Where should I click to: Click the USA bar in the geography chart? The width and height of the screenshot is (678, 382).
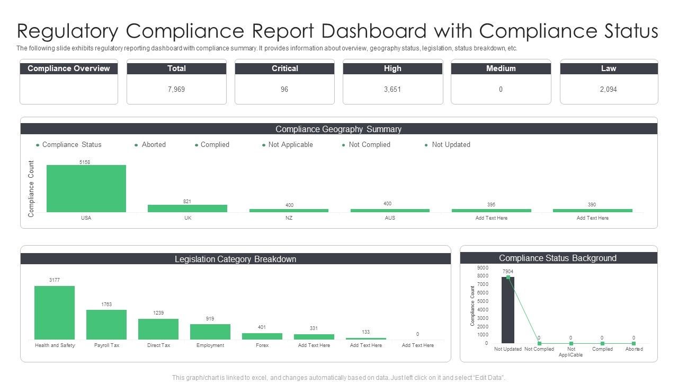tap(86, 188)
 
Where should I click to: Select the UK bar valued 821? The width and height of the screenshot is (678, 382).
tap(188, 209)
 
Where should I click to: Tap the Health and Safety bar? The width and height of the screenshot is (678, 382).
tap(55, 312)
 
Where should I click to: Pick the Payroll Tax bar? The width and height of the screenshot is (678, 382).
tap(106, 324)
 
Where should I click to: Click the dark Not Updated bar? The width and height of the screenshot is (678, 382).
tap(507, 310)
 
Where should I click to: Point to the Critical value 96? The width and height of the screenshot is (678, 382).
tap(284, 90)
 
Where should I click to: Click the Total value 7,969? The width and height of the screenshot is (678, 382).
tap(176, 90)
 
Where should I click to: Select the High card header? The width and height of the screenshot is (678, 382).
tap(392, 68)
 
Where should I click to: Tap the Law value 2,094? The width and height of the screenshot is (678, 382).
tap(608, 90)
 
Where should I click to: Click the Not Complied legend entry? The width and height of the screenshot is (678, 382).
tap(369, 145)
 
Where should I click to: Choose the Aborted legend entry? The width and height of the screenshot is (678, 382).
tap(154, 145)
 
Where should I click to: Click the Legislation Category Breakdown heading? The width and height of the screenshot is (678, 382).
tap(235, 259)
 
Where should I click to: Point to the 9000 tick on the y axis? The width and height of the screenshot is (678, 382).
tap(483, 267)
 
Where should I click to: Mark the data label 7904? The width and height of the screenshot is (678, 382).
tap(508, 271)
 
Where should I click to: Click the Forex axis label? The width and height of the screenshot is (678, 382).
tap(262, 345)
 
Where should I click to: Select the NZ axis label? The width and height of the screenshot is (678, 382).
tap(289, 218)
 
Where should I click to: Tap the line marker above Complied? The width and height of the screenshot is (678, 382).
tap(602, 343)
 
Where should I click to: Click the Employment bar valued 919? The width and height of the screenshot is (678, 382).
tap(210, 332)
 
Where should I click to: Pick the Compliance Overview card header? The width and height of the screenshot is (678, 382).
tap(69, 68)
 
